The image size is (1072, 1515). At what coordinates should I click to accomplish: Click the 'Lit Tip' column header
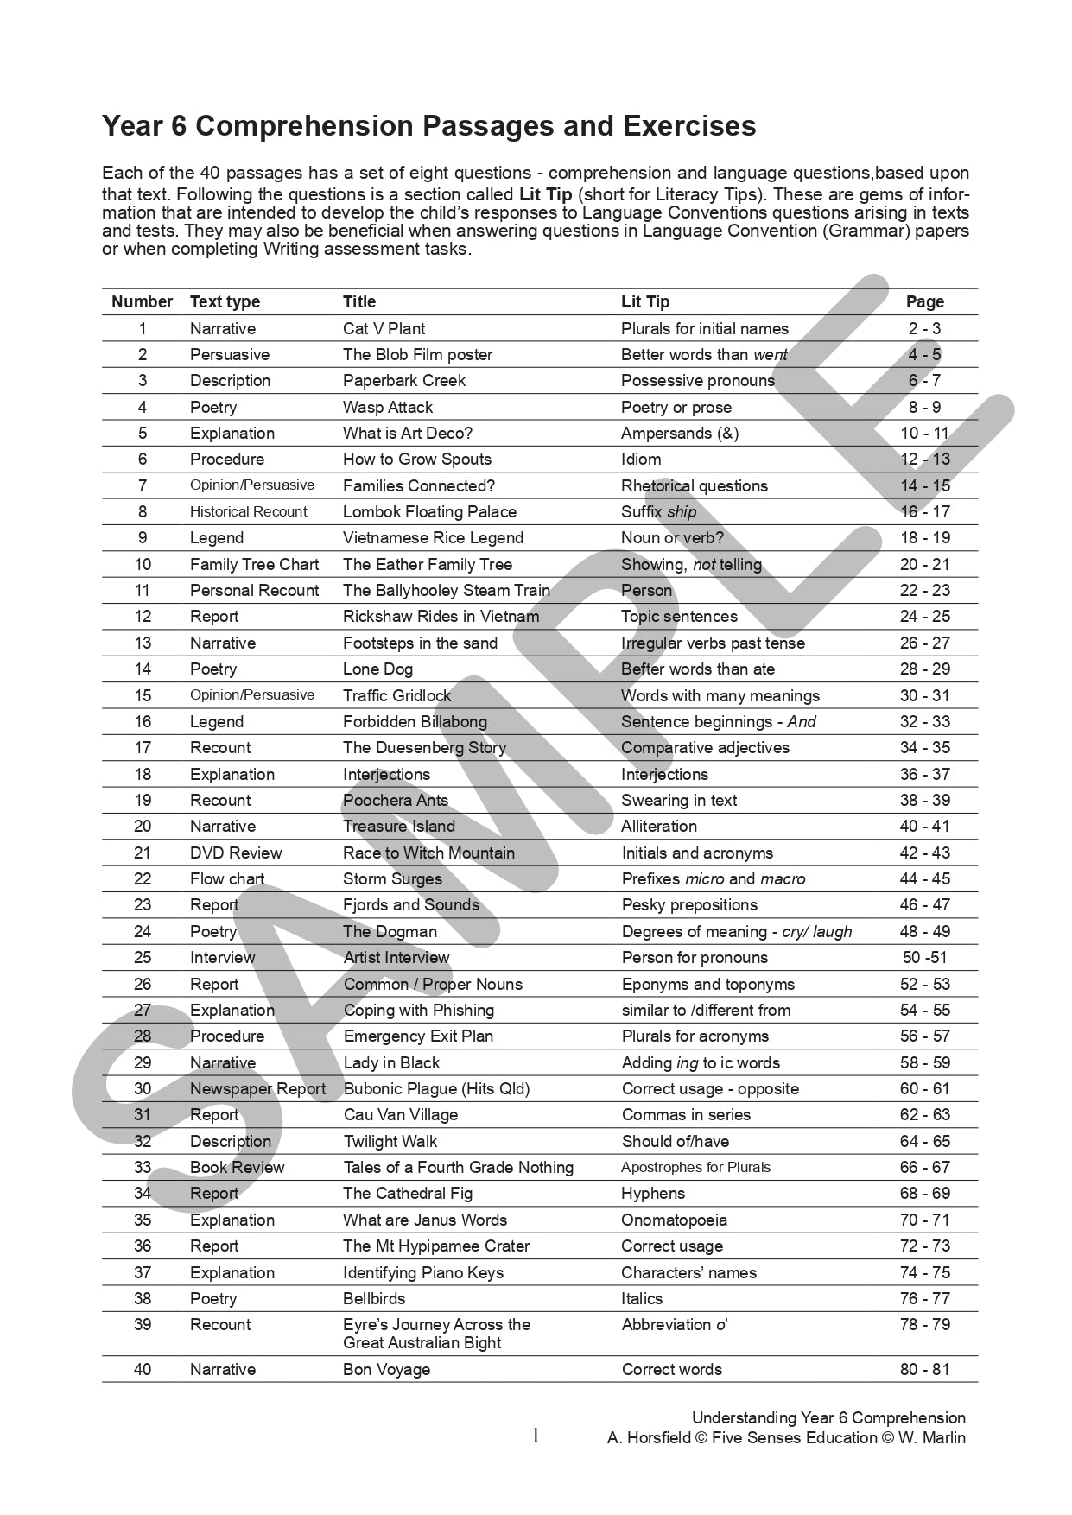pos(644,301)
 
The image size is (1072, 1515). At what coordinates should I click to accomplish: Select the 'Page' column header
pos(924,301)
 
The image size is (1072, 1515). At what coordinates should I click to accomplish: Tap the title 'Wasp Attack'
pos(387,407)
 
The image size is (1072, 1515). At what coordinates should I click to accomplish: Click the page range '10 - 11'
pos(924,433)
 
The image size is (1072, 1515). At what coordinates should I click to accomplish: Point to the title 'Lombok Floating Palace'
pos(429,511)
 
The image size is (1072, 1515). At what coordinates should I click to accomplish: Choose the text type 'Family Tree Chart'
pos(254,564)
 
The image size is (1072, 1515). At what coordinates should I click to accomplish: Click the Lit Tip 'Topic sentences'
pos(679,616)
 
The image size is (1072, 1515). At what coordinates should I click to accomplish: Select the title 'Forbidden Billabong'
pos(415,721)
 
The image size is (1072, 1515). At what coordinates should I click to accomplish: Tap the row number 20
pos(143,826)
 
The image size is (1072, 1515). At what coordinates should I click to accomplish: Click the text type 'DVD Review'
pos(236,853)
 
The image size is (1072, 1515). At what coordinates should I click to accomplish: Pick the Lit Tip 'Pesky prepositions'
pos(689,904)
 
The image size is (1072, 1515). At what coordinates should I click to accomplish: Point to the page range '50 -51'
pos(924,957)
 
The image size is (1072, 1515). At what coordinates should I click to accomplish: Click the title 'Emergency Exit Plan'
pos(418,1036)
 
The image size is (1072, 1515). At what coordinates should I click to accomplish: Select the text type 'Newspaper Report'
pos(257,1088)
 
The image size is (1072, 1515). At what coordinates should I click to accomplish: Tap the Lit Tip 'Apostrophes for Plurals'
pos(695,1167)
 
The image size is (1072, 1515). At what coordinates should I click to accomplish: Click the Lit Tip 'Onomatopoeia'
pos(674,1220)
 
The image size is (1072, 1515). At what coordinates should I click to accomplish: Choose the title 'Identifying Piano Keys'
pos(422,1272)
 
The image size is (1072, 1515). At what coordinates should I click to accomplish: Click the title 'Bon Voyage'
pos(386,1369)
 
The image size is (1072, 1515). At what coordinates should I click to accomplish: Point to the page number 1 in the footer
pos(536,1436)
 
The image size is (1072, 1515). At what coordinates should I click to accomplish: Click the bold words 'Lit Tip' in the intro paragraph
pos(545,194)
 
